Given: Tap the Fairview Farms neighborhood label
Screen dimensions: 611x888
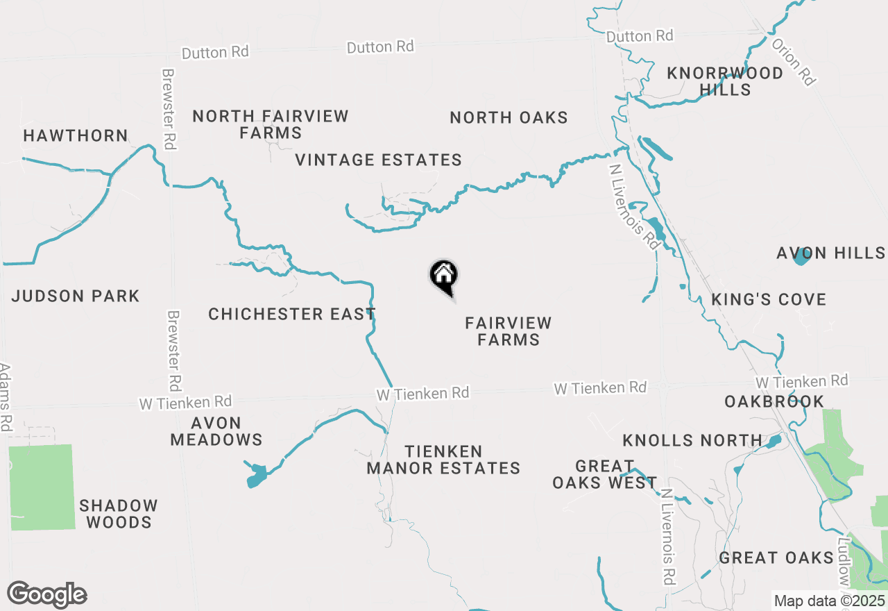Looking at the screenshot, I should point(509,331).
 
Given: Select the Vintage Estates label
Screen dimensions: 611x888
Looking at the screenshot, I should point(378,160).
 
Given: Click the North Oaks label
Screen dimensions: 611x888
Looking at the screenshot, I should point(509,118).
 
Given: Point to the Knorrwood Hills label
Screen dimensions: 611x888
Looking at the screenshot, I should point(725,81).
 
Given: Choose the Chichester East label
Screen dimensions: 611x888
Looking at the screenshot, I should point(291,314).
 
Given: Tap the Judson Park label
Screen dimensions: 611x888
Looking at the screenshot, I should point(76,296).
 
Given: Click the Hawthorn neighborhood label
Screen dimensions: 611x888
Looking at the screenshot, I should point(76,136).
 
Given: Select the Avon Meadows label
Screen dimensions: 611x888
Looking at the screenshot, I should point(216,431).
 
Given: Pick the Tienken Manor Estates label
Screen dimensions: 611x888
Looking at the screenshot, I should point(443,460).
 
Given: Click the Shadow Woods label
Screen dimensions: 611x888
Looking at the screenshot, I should point(119,514).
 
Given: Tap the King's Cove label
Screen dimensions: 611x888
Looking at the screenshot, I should point(769,300).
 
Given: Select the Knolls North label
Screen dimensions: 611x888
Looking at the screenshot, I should point(692,440).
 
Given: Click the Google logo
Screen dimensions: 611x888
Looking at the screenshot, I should point(47,594).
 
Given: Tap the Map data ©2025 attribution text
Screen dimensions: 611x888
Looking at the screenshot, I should point(829,601).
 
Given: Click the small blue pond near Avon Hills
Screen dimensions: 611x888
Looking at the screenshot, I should point(801,258).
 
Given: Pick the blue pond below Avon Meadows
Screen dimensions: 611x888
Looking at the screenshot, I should point(256,476).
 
